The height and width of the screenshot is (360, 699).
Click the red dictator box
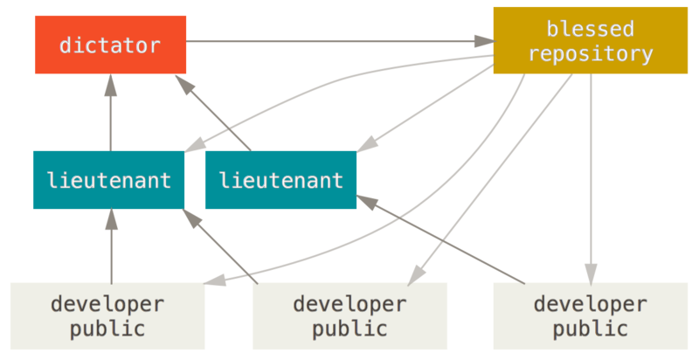coord(110,45)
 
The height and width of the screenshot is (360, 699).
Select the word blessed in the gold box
coord(590,29)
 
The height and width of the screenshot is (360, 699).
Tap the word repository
coord(590,54)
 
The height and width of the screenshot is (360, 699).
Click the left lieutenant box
coord(109,180)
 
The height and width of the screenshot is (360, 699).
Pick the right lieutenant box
coord(280,180)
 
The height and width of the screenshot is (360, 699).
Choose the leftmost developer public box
coord(107,316)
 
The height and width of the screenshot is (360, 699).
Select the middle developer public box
coord(349,316)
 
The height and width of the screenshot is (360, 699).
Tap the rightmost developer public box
coord(590,316)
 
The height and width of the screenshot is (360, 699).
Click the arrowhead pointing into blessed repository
coord(483,41)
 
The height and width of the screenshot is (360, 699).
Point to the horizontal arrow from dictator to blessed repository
coord(332,41)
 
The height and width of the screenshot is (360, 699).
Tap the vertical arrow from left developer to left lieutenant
coord(111,249)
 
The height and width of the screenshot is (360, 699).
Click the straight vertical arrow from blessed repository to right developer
coord(591,175)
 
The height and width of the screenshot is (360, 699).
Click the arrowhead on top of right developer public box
coord(591,270)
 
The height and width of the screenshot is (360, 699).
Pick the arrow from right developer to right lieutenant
coord(446,240)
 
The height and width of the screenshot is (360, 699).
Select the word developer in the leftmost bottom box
coord(107,304)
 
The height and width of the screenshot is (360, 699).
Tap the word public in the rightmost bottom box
coord(590,329)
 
